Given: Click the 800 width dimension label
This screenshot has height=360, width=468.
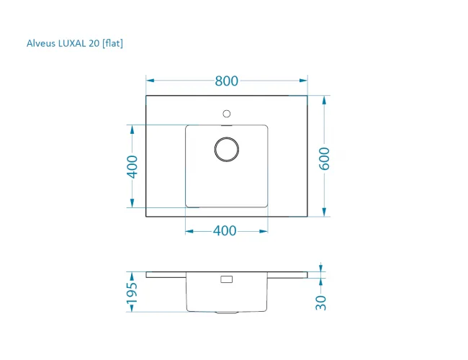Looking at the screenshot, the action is (227, 81).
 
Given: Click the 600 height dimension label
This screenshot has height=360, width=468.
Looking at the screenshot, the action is (325, 158).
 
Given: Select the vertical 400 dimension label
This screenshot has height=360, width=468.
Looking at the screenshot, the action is (132, 166).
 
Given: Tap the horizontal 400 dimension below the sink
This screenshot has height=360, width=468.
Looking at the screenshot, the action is (225, 230).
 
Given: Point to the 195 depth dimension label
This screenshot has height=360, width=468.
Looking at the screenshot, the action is (132, 293).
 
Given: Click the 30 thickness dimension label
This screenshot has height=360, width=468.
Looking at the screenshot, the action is (321, 302).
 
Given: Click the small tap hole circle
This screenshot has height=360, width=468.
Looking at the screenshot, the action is (227, 114).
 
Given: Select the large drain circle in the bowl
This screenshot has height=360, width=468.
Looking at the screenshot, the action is (227, 149).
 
